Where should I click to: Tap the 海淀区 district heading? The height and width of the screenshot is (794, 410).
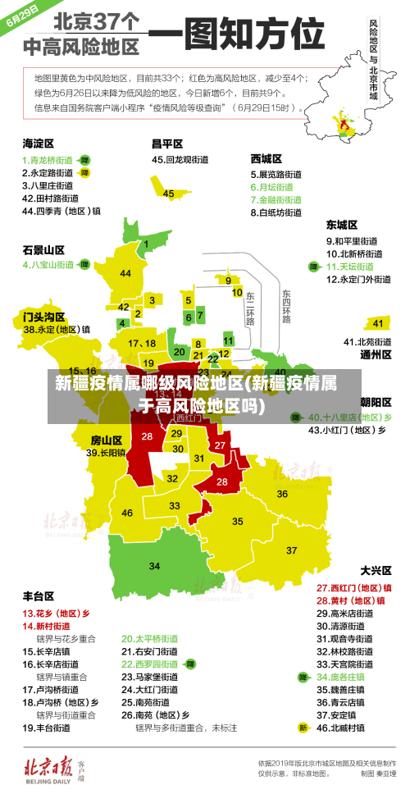click(x=38, y=143)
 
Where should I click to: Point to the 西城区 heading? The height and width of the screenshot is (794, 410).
click(x=266, y=158)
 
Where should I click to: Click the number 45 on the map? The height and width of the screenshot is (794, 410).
click(x=168, y=194)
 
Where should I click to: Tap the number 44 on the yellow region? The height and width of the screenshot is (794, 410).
click(x=125, y=273)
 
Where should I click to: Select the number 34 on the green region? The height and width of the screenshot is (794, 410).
click(x=154, y=566)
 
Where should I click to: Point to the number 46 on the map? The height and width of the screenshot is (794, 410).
click(x=127, y=513)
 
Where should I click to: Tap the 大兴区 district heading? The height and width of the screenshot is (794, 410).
click(x=376, y=569)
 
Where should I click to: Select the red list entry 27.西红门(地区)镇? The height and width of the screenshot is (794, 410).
click(x=353, y=587)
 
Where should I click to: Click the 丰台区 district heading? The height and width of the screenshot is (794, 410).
click(x=38, y=595)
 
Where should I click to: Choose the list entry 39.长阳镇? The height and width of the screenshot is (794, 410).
click(x=106, y=452)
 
